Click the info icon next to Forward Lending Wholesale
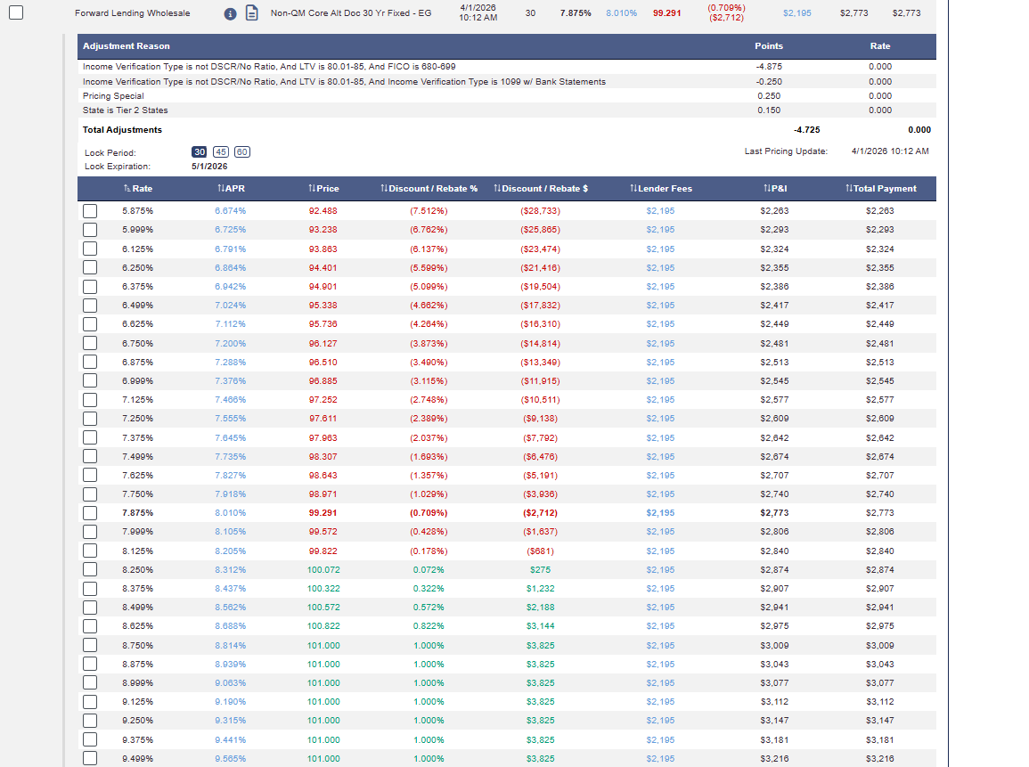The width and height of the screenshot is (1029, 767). [230, 13]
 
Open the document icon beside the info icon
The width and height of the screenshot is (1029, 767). [251, 13]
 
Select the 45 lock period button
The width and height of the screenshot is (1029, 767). [221, 152]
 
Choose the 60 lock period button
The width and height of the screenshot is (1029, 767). [242, 152]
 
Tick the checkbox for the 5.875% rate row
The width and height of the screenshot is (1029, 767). [90, 210]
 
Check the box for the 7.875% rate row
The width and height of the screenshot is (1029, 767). [90, 513]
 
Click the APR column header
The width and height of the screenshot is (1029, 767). [231, 188]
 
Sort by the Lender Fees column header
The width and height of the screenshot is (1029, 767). [661, 188]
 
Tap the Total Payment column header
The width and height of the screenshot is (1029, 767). [881, 188]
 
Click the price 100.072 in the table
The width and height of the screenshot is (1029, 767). [323, 569]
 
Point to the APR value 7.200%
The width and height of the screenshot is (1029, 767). [231, 343]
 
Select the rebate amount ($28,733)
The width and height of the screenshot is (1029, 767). [540, 210]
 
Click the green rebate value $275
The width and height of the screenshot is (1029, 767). [540, 569]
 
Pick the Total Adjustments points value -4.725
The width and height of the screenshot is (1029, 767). [806, 130]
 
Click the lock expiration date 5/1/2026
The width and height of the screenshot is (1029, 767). [209, 167]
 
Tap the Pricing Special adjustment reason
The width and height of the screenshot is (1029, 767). [113, 96]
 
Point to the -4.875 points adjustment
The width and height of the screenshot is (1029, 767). [769, 66]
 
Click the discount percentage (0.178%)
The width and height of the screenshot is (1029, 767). [429, 551]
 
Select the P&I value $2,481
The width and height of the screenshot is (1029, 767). [774, 343]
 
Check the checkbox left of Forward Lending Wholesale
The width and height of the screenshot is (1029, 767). [16, 12]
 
